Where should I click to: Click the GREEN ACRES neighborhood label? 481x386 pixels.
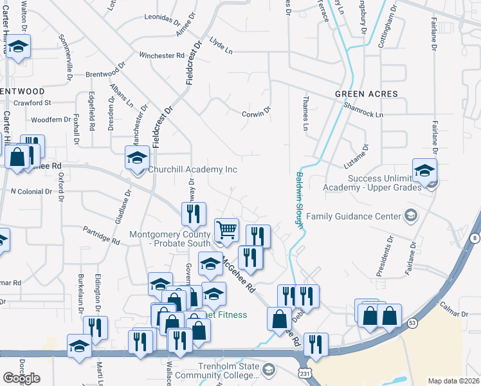(367, 94)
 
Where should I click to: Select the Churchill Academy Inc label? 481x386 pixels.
(193, 170)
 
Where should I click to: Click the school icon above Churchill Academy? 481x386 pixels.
(137, 158)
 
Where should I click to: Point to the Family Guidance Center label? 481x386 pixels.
(353, 216)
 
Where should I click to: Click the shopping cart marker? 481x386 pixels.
(226, 230)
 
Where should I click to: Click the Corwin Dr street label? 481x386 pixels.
(254, 114)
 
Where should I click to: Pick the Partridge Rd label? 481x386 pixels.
(102, 235)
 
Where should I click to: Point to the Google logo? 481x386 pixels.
(21, 378)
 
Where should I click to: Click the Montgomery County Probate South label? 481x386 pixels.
(170, 239)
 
